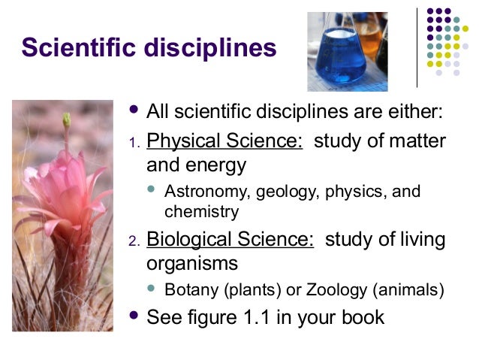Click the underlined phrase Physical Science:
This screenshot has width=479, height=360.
click(x=224, y=141)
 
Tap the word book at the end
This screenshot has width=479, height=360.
click(x=362, y=317)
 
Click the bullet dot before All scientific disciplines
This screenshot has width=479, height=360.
click(x=135, y=111)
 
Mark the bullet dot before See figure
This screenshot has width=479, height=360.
click(x=135, y=316)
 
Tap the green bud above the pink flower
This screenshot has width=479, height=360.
click(x=66, y=120)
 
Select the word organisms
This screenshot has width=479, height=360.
click(x=192, y=264)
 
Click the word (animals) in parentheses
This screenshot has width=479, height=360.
click(x=411, y=289)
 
